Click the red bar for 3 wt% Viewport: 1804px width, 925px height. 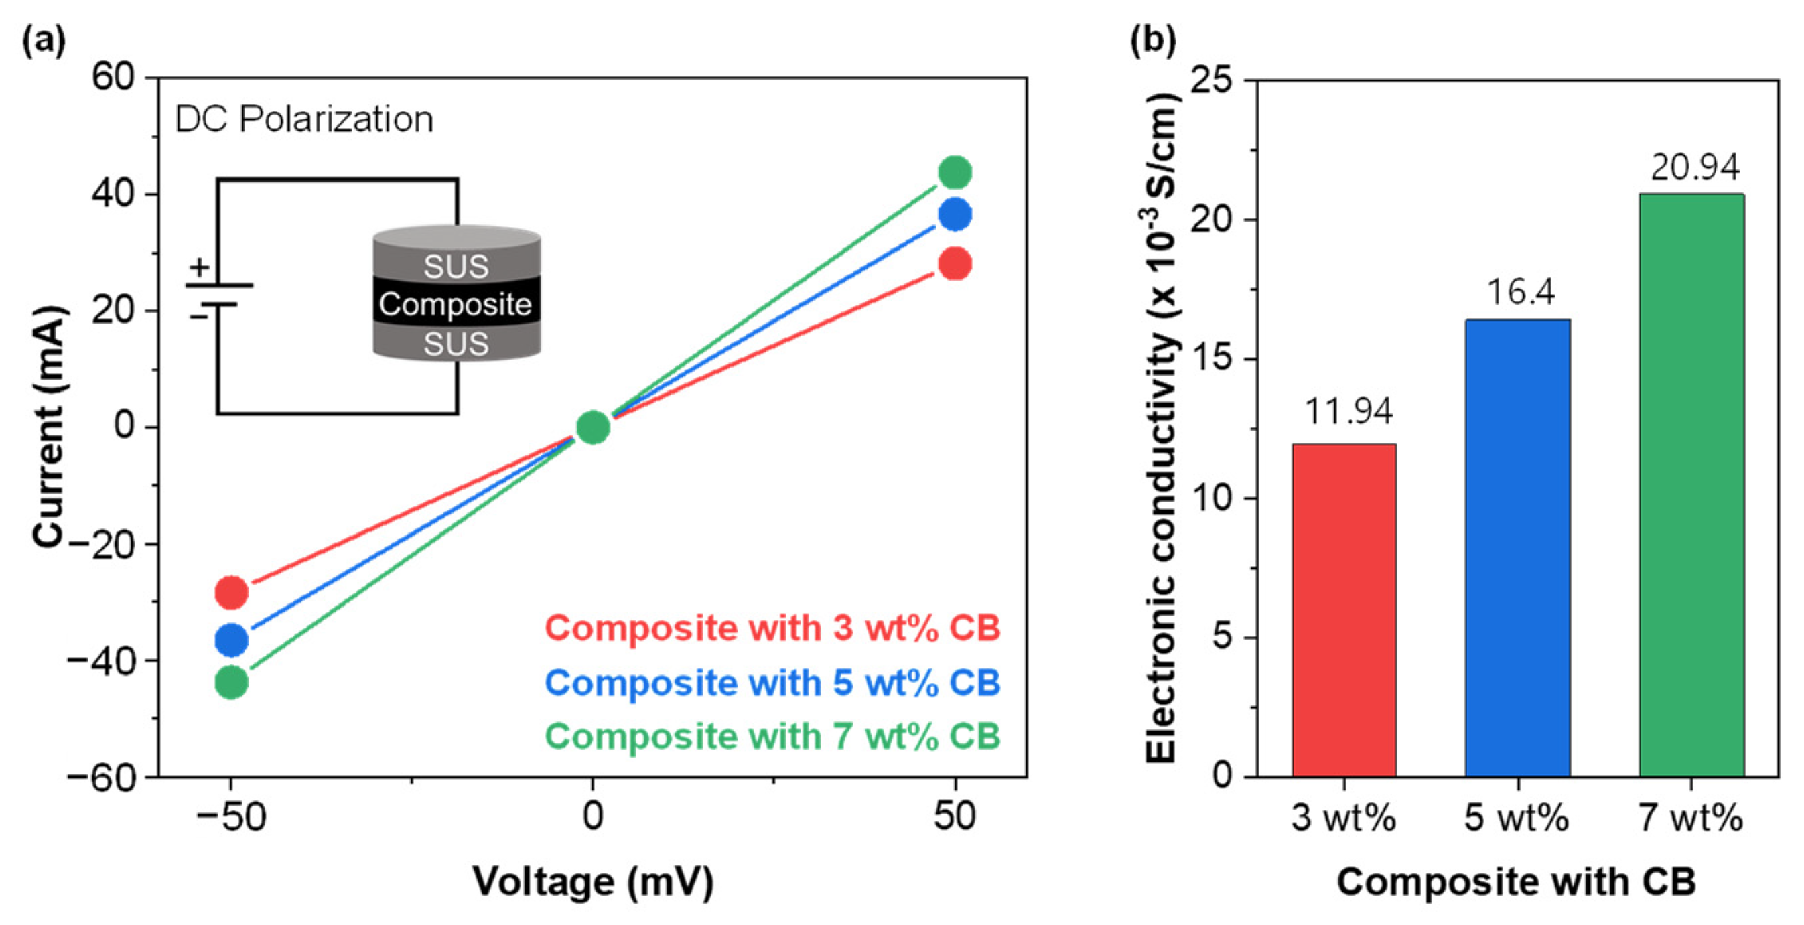point(1343,610)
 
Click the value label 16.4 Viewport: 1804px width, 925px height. point(1521,292)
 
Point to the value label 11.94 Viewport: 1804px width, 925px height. point(1348,411)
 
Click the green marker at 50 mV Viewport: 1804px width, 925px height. point(955,172)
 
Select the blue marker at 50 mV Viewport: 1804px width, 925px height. point(955,214)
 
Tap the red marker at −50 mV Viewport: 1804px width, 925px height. point(231,592)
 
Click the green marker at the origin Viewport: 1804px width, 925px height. point(592,427)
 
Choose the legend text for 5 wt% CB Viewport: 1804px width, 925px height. point(772,682)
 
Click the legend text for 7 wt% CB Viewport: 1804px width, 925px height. point(772,737)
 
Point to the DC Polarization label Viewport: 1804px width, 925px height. point(304,119)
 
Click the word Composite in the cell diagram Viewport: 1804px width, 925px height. point(456,305)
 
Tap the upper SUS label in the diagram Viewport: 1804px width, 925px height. point(456,266)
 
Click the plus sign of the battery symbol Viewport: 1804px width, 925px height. point(200,267)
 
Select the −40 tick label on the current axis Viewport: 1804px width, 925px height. point(102,661)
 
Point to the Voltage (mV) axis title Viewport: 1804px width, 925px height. point(592,881)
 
